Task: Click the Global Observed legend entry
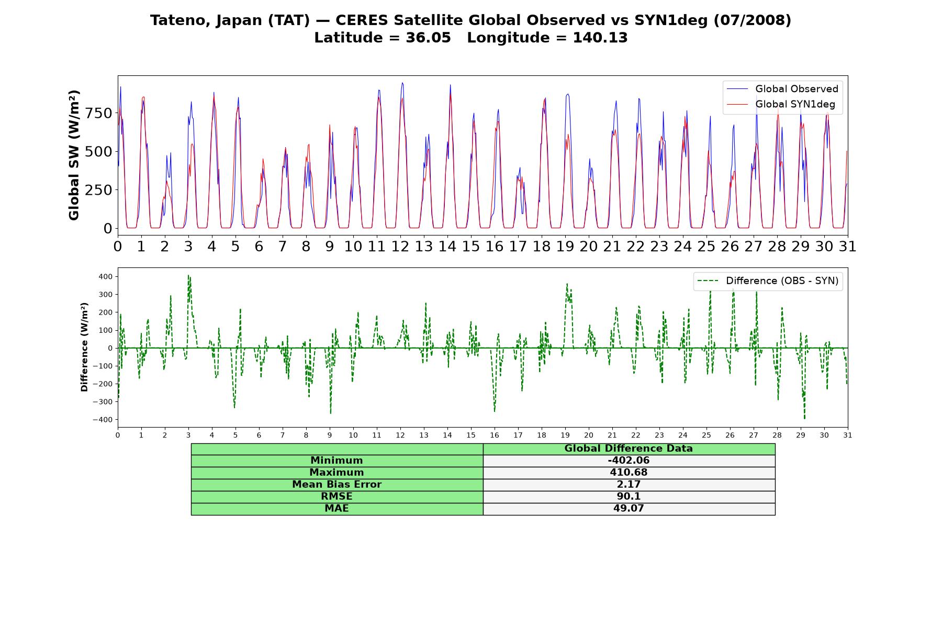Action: pyautogui.click(x=782, y=89)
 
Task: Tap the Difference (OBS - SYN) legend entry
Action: pyautogui.click(x=768, y=281)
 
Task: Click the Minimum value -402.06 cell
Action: pyautogui.click(x=629, y=461)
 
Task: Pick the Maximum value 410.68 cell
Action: pyautogui.click(x=629, y=473)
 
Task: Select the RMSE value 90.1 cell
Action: pyautogui.click(x=629, y=497)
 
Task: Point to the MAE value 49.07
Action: pyautogui.click(x=629, y=508)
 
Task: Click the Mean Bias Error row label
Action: pyautogui.click(x=337, y=485)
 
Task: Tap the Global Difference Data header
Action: pyautogui.click(x=629, y=448)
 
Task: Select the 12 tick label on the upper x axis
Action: pyautogui.click(x=400, y=246)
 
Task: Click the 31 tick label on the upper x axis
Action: pyautogui.click(x=847, y=246)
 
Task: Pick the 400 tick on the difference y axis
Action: pyautogui.click(x=106, y=276)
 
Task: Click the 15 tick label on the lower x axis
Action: pyautogui.click(x=471, y=435)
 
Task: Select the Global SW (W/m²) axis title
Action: pyautogui.click(x=74, y=155)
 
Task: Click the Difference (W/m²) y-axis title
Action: pyautogui.click(x=84, y=347)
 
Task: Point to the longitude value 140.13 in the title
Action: pyautogui.click(x=600, y=38)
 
